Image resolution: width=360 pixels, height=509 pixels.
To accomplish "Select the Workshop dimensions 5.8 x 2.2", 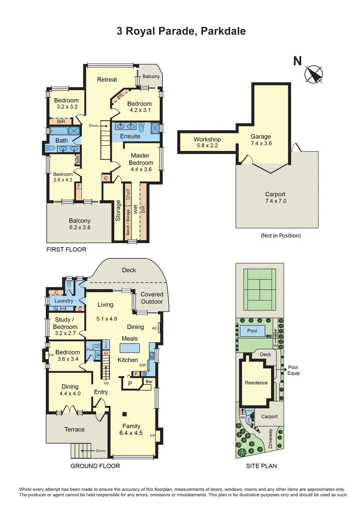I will [x=207, y=146].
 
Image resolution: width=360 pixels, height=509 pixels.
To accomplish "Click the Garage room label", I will [x=261, y=137].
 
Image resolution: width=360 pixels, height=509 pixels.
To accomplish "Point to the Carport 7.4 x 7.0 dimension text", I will [x=276, y=201].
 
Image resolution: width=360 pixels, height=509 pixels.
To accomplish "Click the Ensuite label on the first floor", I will [x=130, y=136].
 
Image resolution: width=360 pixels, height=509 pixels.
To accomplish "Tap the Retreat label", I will [x=107, y=80].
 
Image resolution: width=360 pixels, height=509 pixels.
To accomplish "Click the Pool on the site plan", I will [x=252, y=331].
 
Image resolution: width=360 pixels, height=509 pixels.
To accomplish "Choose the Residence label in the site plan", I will [x=256, y=383].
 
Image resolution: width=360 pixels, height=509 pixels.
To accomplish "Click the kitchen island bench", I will [x=130, y=348].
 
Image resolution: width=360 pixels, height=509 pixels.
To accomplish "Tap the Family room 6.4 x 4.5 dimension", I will [x=131, y=433].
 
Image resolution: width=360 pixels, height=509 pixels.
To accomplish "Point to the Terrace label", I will [x=74, y=429].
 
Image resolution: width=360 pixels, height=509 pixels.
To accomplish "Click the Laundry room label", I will [x=64, y=301].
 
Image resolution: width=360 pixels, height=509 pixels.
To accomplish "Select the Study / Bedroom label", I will [x=65, y=323].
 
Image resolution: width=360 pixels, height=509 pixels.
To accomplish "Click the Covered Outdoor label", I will [x=152, y=298].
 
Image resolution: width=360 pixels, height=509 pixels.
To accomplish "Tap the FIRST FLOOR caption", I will [x=66, y=249].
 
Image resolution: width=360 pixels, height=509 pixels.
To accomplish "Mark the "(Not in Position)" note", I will [x=280, y=235].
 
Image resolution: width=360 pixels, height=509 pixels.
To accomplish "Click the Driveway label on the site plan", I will [x=270, y=437].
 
